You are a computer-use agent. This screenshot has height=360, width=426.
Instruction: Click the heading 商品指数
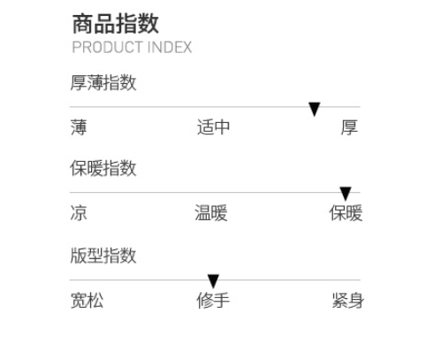pyautogui.click(x=116, y=24)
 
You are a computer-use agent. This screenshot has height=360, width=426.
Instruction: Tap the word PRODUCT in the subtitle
pyautogui.click(x=108, y=47)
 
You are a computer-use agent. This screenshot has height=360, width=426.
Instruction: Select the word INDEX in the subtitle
pyautogui.click(x=170, y=47)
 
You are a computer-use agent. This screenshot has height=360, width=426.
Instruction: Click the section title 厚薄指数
pyautogui.click(x=103, y=83)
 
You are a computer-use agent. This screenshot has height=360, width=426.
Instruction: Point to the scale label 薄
pyautogui.click(x=79, y=127)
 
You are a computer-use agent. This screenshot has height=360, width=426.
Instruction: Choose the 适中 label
pyautogui.click(x=213, y=127)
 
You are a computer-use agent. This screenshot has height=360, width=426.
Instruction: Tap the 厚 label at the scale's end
pyautogui.click(x=349, y=127)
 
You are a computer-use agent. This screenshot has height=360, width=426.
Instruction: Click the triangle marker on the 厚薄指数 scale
pyautogui.click(x=315, y=109)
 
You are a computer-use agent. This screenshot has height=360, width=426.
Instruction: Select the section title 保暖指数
pyautogui.click(x=103, y=168)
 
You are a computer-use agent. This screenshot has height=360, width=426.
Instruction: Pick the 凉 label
pyautogui.click(x=79, y=213)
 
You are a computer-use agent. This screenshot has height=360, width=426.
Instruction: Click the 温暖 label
pyautogui.click(x=211, y=213)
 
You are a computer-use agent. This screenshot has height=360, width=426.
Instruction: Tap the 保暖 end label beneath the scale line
pyautogui.click(x=346, y=213)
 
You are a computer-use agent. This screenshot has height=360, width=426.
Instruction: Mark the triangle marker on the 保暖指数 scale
pyautogui.click(x=346, y=194)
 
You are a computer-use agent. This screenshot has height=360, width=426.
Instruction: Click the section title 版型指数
pyautogui.click(x=103, y=256)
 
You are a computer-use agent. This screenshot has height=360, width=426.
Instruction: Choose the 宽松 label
pyautogui.click(x=87, y=301)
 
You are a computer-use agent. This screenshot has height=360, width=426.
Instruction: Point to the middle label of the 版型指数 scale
pyautogui.click(x=213, y=301)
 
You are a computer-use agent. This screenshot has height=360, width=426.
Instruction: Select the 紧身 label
pyautogui.click(x=348, y=301)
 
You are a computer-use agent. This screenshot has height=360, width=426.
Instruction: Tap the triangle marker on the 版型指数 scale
pyautogui.click(x=213, y=281)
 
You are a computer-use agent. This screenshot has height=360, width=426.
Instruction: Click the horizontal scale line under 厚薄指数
pyautogui.click(x=215, y=107)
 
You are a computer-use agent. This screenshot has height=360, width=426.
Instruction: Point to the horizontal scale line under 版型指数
pyautogui.click(x=215, y=280)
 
